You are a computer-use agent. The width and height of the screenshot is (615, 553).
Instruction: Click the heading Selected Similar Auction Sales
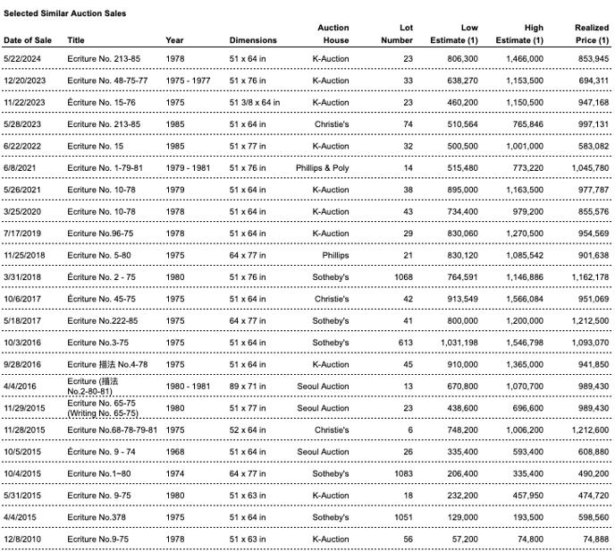65,13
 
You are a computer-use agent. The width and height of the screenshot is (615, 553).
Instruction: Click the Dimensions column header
253,40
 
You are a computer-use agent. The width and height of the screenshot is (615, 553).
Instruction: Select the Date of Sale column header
28,40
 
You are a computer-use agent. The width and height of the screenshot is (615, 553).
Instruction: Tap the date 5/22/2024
23,59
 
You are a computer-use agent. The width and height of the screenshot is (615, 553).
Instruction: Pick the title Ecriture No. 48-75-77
107,81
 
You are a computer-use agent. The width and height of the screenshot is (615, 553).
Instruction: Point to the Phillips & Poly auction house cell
322,168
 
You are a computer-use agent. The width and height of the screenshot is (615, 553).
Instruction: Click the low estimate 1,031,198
459,343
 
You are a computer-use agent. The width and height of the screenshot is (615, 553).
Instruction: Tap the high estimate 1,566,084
523,299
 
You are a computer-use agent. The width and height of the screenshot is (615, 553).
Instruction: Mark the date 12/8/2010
23,539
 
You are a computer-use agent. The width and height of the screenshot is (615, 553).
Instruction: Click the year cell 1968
175,452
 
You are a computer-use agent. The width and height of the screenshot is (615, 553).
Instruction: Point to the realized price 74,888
595,539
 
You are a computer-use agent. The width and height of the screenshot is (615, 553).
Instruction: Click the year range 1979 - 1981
188,168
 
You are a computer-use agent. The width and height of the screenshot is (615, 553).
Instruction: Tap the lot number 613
405,343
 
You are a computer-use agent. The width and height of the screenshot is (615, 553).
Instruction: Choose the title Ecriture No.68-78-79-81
113,430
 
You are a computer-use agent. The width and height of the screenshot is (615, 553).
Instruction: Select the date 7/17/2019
23,234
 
